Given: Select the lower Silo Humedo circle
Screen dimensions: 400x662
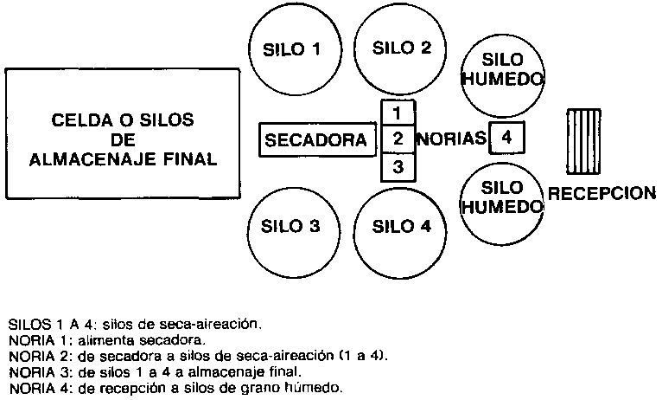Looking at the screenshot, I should click(x=501, y=198).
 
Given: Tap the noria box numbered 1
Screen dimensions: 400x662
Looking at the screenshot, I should click(x=398, y=113).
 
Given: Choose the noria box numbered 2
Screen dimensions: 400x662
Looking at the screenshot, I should click(x=398, y=139).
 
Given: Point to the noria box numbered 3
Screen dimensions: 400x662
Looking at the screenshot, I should click(x=398, y=167).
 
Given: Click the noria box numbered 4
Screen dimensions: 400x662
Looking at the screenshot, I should click(x=507, y=138).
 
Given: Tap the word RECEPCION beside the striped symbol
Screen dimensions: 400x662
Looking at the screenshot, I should click(x=602, y=193).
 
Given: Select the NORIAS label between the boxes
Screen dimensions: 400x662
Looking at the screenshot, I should click(x=451, y=139).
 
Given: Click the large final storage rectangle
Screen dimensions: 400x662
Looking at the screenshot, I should click(x=122, y=134).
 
